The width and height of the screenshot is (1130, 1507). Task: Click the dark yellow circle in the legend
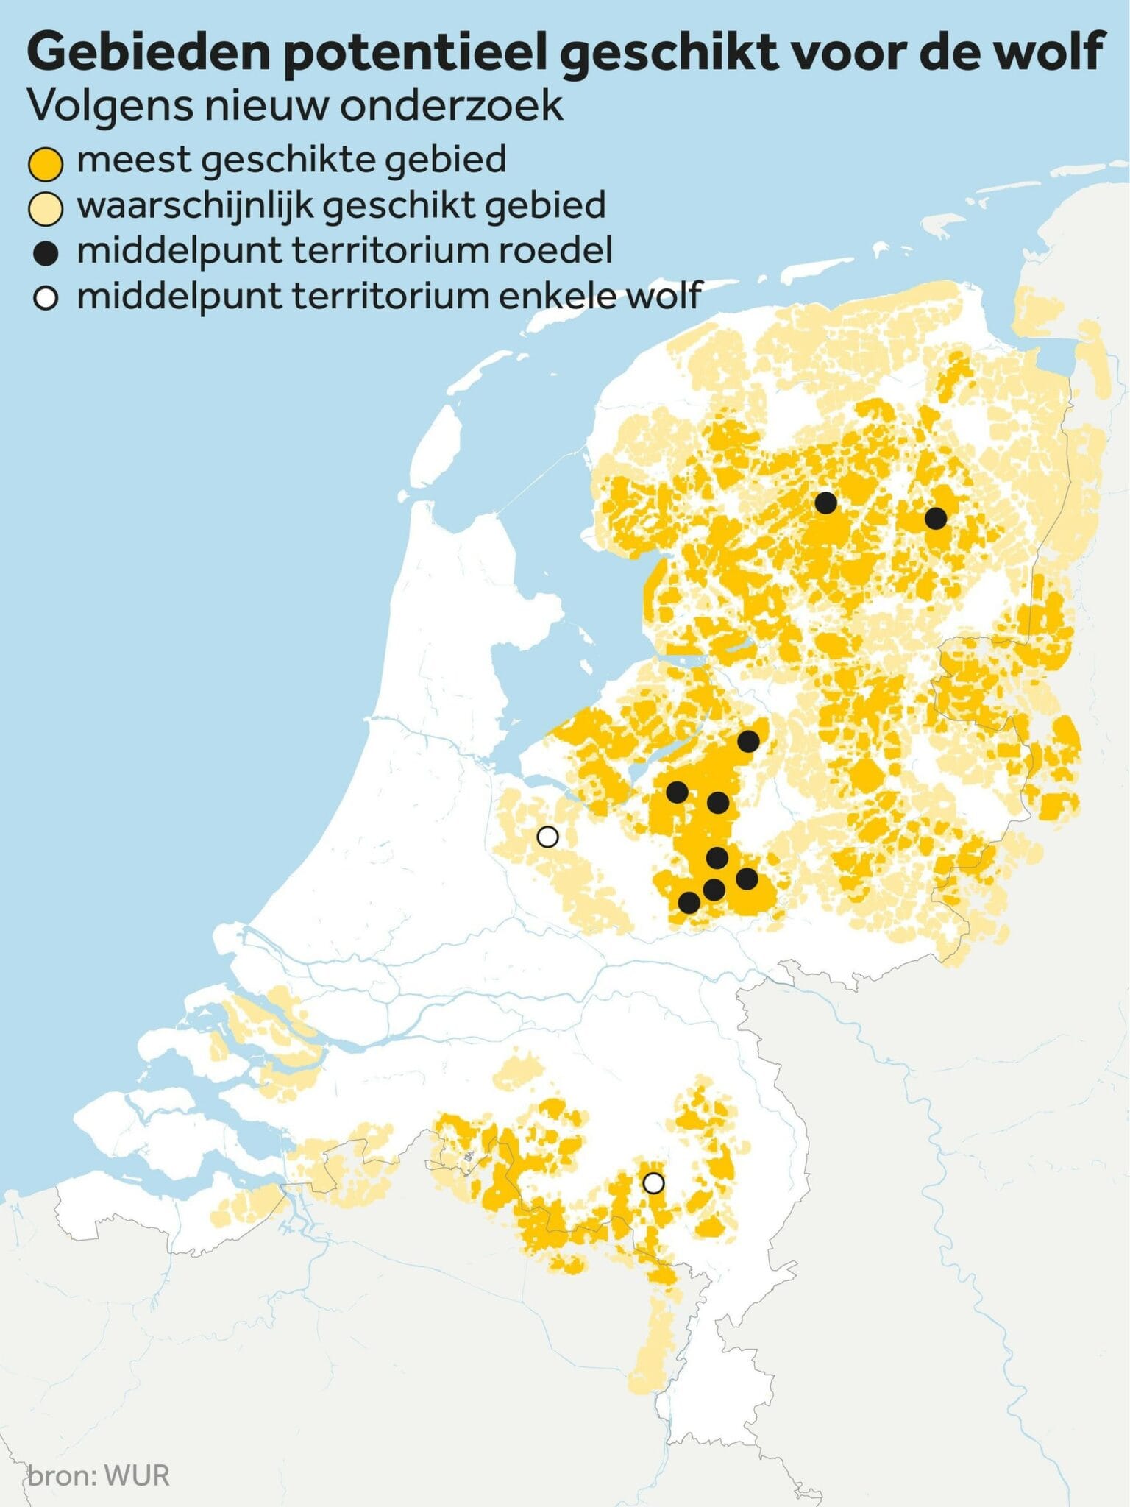[45, 163]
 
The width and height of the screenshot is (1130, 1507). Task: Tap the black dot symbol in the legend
[46, 254]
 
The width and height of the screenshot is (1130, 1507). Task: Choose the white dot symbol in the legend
[46, 299]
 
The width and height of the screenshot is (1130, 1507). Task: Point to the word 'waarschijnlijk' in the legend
[194, 206]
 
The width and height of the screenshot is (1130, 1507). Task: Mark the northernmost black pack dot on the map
[825, 503]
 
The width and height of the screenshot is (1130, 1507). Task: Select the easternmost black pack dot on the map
[935, 518]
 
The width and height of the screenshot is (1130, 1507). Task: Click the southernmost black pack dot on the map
[689, 902]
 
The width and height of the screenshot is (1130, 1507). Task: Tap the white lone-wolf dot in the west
[547, 837]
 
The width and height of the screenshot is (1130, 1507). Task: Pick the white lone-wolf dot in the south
[653, 1182]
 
